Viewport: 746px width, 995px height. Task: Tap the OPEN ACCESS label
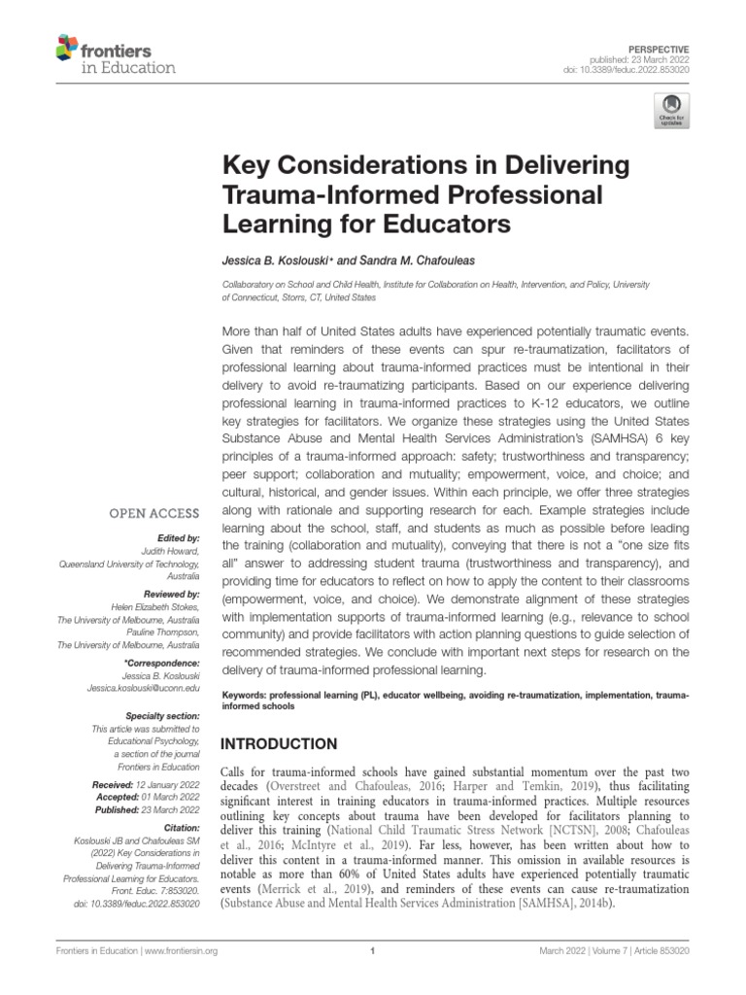(x=157, y=513)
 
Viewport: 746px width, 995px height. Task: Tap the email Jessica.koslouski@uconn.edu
(x=143, y=688)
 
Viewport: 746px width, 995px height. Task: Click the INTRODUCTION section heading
(x=281, y=744)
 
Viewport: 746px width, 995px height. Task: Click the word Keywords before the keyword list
(x=245, y=697)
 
